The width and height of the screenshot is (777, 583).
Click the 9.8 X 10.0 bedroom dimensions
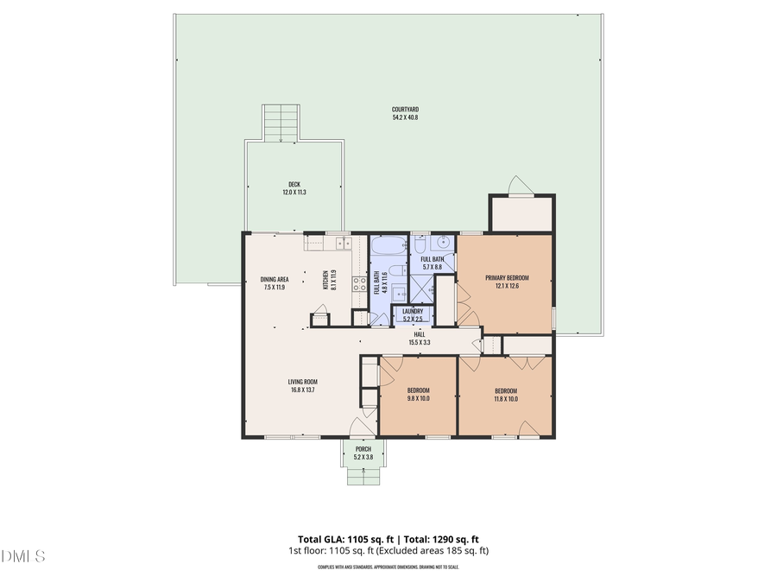coord(417,399)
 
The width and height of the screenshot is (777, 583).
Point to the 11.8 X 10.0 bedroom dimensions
coord(506,399)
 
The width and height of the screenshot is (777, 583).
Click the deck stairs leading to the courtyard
coord(281,123)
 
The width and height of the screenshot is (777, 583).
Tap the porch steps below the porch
coord(363,476)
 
